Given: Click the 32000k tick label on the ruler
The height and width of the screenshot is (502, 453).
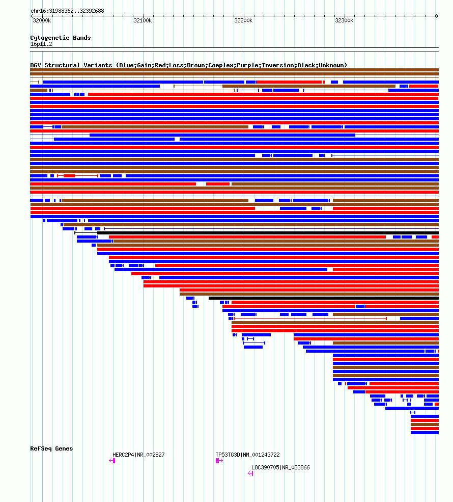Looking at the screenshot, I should [x=42, y=21].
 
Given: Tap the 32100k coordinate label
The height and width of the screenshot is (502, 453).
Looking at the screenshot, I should [x=143, y=21].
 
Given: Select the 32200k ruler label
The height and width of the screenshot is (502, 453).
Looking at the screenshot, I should [x=243, y=21].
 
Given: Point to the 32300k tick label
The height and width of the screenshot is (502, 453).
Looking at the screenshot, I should [x=344, y=21].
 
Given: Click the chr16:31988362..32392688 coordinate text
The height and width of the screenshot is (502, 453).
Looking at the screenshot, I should [x=67, y=11].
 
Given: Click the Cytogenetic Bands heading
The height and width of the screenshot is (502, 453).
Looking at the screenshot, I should [x=60, y=38].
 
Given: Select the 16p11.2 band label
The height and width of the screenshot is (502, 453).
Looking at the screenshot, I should [x=41, y=44].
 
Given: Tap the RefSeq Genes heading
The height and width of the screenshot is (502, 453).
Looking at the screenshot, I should [x=51, y=448].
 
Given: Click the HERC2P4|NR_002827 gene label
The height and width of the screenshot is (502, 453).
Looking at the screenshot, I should [x=138, y=455].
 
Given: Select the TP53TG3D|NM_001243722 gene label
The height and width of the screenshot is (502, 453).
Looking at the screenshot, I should [x=247, y=455].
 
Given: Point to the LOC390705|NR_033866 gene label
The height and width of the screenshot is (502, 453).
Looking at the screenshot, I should [x=280, y=467].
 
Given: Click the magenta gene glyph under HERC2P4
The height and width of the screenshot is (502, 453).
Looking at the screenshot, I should [x=112, y=461].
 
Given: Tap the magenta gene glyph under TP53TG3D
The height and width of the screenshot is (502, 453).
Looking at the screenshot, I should [x=219, y=461].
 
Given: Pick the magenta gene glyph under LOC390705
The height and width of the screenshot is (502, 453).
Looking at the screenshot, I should [x=250, y=473].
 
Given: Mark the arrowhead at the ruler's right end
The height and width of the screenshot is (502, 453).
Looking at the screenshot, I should [x=437, y=16].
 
